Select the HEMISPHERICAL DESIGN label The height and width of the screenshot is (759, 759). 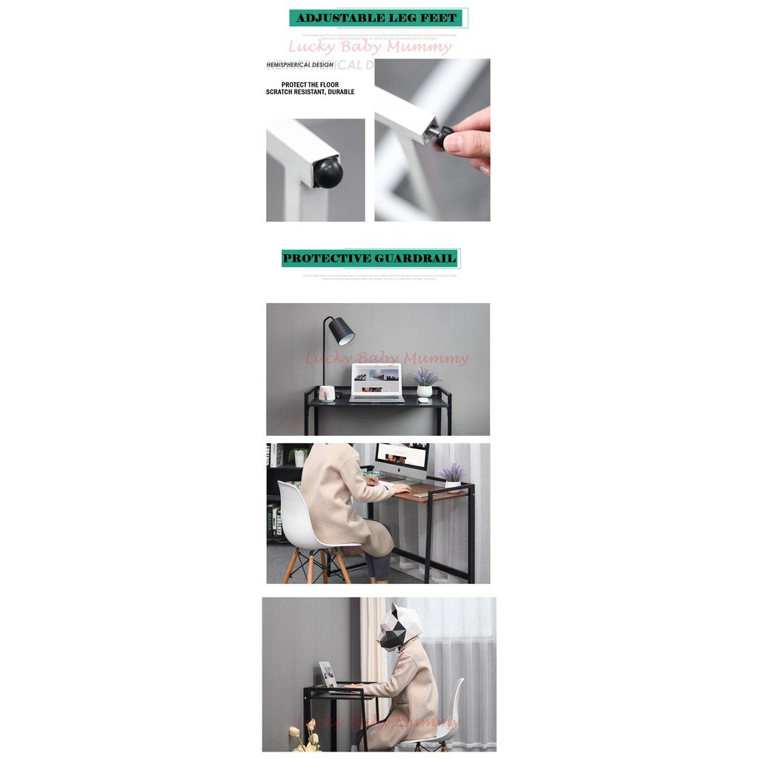[x=299, y=65]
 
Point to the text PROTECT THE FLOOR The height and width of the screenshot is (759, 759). [x=310, y=84]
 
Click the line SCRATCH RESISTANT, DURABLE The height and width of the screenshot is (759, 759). [x=310, y=93]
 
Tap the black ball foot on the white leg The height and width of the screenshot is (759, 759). [x=328, y=173]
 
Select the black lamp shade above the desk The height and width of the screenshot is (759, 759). [x=341, y=331]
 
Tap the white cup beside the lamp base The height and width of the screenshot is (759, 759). [x=327, y=393]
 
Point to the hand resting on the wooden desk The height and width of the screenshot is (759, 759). [x=402, y=489]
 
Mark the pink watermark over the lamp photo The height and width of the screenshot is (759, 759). [x=387, y=359]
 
